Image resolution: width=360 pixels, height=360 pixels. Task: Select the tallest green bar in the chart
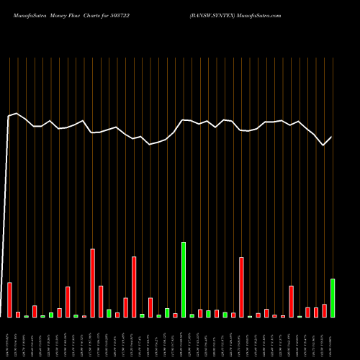184,279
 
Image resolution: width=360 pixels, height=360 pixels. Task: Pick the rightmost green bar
333,298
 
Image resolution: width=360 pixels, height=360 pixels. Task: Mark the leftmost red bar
10,300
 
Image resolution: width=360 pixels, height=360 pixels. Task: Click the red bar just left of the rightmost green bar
325,310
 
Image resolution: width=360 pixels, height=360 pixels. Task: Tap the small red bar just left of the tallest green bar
175,315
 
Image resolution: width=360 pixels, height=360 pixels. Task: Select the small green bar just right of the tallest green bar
192,315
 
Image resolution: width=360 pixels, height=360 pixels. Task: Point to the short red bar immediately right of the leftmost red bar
18,315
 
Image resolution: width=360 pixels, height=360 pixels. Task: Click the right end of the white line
332,137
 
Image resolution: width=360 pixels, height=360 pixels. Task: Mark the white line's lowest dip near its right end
323,145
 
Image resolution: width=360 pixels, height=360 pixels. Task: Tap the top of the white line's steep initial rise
9,116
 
